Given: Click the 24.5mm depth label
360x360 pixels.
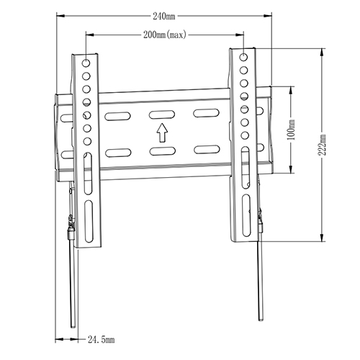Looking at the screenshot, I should click(x=102, y=338).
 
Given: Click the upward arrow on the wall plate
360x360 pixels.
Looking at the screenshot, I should click(x=163, y=132).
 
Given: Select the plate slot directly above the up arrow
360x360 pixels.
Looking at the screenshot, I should click(x=163, y=114).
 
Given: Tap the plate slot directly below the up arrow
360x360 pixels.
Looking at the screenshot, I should click(x=163, y=150).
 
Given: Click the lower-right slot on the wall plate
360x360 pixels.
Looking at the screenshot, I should click(x=207, y=150).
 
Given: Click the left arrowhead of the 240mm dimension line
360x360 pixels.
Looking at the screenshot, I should click(x=58, y=16).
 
